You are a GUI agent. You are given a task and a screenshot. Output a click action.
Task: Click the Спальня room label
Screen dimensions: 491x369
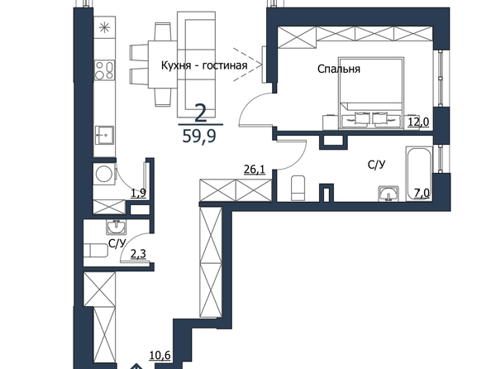coord(339,69)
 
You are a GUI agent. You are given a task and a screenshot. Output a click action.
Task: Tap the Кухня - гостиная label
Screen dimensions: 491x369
coord(204,65)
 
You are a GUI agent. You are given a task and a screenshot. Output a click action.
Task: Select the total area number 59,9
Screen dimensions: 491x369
coord(199,136)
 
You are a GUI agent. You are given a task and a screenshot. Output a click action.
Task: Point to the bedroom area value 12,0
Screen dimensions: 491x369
coord(418,122)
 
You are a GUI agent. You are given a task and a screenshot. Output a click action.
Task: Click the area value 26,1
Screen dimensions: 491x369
coord(255,170)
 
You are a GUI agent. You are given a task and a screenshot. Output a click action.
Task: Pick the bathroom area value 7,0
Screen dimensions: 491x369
coord(422,193)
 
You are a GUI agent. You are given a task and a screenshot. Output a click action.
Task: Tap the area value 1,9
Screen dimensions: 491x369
coord(138,193)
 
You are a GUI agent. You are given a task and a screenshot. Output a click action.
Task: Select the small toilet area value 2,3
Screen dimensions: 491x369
coord(138,254)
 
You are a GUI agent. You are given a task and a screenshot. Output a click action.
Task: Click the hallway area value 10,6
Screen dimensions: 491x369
coord(160,355)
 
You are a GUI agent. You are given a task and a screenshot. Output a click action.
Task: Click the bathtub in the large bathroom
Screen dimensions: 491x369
coord(419,174)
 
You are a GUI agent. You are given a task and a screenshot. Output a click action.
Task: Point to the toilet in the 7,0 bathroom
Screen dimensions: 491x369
coord(298,188)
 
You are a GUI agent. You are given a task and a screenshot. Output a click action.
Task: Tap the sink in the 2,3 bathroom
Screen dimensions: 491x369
coord(117,227)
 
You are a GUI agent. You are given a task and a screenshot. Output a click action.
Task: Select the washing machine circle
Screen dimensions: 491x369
coord(103,174)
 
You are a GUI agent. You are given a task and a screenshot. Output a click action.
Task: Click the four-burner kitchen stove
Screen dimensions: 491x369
coord(105,70)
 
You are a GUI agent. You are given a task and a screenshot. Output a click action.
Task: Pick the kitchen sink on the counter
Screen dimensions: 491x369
coord(105,135)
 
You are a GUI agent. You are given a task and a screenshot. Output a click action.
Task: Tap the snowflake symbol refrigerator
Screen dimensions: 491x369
coord(105,28)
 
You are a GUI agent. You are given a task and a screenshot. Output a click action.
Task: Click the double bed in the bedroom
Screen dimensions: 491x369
coord(371,93)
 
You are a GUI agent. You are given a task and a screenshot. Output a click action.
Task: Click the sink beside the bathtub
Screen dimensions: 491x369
coord(389,193)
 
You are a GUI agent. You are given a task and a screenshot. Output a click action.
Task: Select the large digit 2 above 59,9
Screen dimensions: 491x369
coord(201,113)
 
